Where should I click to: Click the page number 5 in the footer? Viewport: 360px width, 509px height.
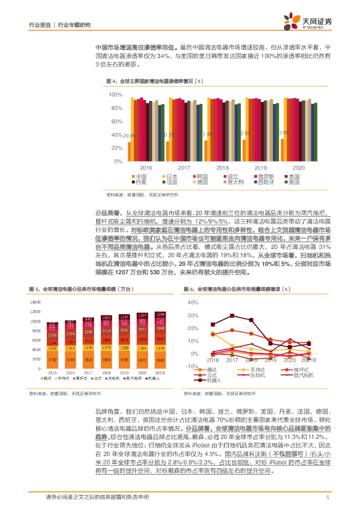pos(328,497)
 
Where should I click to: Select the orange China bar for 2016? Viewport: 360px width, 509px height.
pos(129,152)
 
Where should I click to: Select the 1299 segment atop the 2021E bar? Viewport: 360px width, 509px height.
pos(160,315)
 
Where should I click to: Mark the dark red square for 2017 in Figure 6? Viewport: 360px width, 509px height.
pos(232,316)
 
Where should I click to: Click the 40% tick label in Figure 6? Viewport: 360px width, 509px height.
pos(191,302)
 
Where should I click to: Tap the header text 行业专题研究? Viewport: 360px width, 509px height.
pos(75,24)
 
